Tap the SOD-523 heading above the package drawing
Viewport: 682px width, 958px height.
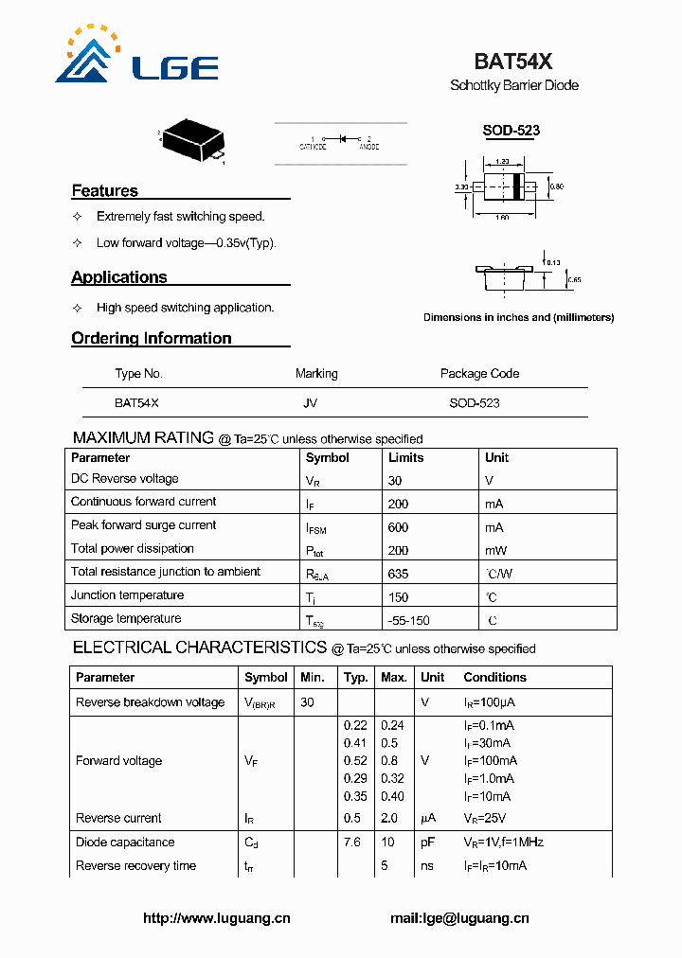(x=511, y=131)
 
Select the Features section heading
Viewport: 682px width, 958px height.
(x=105, y=191)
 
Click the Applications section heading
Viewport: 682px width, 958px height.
(x=119, y=277)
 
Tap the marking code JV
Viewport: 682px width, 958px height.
(x=310, y=402)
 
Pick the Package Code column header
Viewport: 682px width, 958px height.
(x=479, y=374)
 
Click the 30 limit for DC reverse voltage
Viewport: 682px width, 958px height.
(x=395, y=480)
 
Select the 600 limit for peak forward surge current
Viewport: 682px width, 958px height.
(x=398, y=527)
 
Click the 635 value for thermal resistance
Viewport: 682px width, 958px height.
(x=398, y=573)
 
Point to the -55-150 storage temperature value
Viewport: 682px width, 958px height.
(x=408, y=620)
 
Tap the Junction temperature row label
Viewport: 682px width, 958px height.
(x=127, y=595)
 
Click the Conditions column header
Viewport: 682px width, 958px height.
(x=494, y=678)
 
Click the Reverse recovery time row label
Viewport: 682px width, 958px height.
(x=135, y=865)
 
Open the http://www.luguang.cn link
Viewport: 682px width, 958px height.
(x=216, y=918)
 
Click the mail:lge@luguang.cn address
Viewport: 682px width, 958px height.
(x=459, y=918)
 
